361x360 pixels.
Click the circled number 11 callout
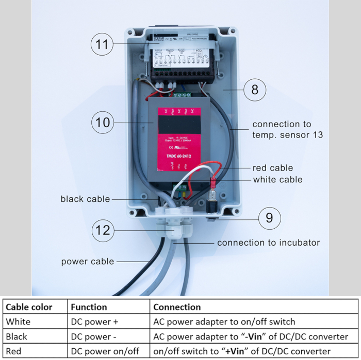pyautogui.click(x=103, y=44)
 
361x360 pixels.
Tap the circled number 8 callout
pyautogui.click(x=255, y=90)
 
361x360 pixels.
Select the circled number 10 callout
pyautogui.click(x=103, y=123)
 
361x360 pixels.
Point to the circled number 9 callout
pyautogui.click(x=269, y=218)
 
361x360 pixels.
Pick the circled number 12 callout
pyautogui.click(x=103, y=230)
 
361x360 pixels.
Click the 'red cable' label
pyautogui.click(x=273, y=168)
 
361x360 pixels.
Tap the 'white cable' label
pyautogui.click(x=277, y=180)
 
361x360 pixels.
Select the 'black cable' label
pyautogui.click(x=85, y=199)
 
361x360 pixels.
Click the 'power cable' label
pyautogui.click(x=88, y=261)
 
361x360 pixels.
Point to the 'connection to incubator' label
pyautogui.click(x=268, y=243)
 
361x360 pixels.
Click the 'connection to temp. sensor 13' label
pyautogui.click(x=287, y=129)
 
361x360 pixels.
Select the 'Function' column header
pyautogui.click(x=89, y=307)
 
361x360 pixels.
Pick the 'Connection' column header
pyautogui.click(x=177, y=307)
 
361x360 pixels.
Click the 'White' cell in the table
pyautogui.click(x=18, y=322)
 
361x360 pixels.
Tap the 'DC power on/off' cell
pyautogui.click(x=105, y=351)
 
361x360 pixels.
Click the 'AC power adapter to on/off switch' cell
pyautogui.click(x=224, y=322)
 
